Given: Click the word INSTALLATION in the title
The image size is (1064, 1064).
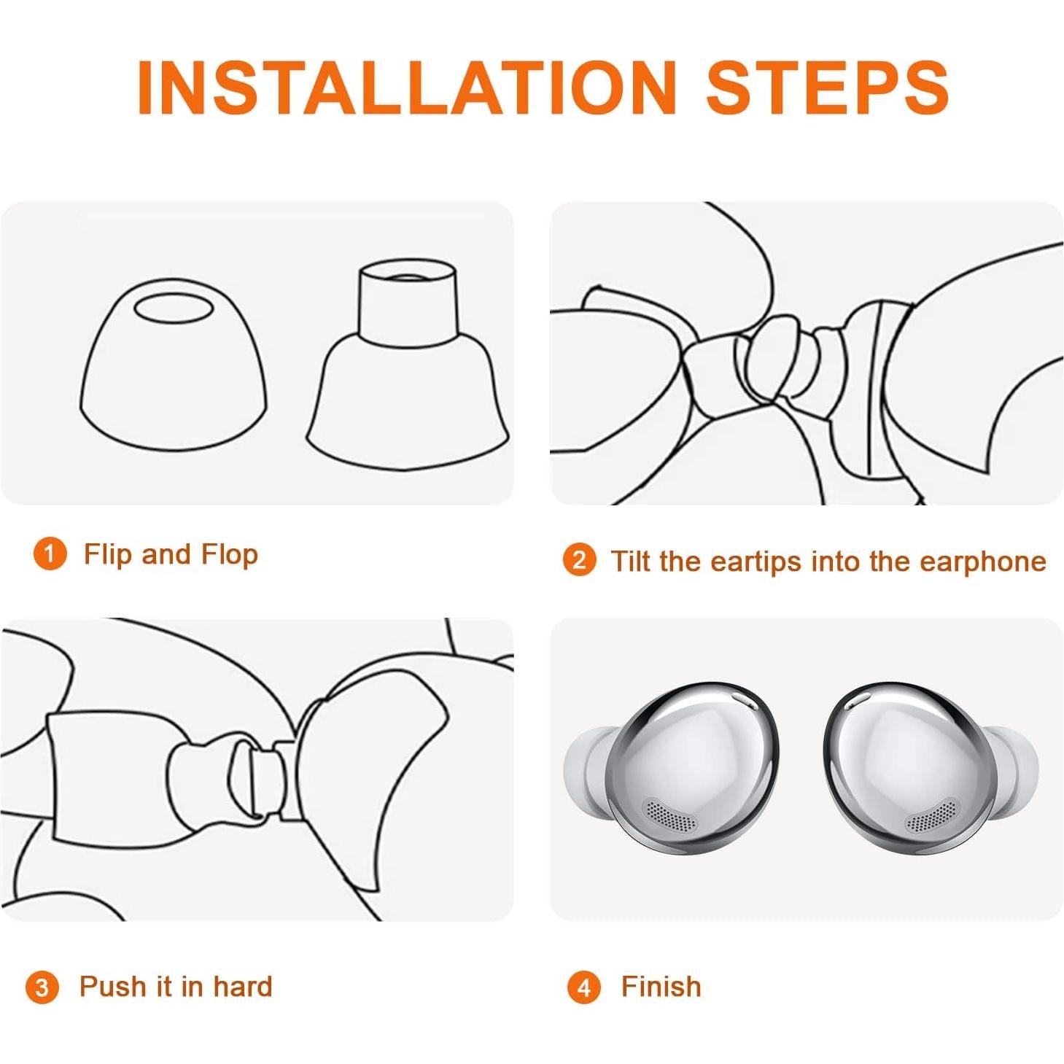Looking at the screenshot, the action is tap(407, 88).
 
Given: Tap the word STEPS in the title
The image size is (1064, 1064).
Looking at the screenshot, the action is tap(828, 88).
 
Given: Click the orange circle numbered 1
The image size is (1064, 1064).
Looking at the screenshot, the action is tap(50, 554).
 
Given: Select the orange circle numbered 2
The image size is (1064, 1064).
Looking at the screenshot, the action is tap(579, 560).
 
